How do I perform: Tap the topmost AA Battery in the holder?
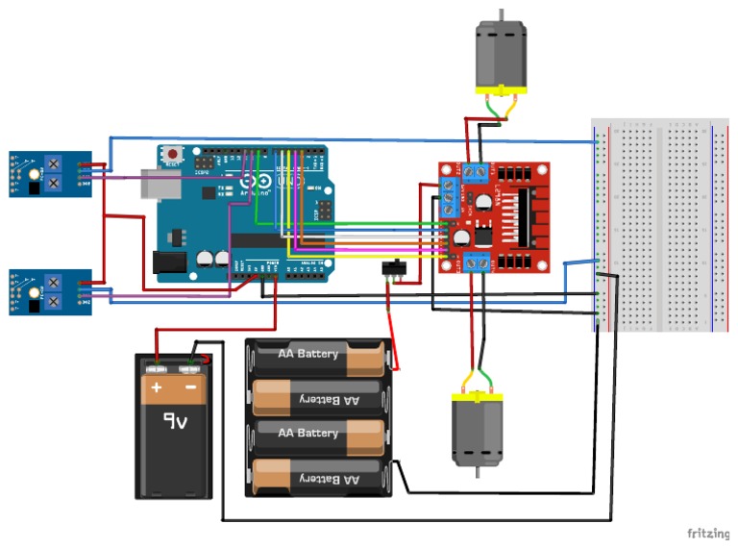317,355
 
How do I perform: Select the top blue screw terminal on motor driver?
474,172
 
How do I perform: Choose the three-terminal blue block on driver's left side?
448,197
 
